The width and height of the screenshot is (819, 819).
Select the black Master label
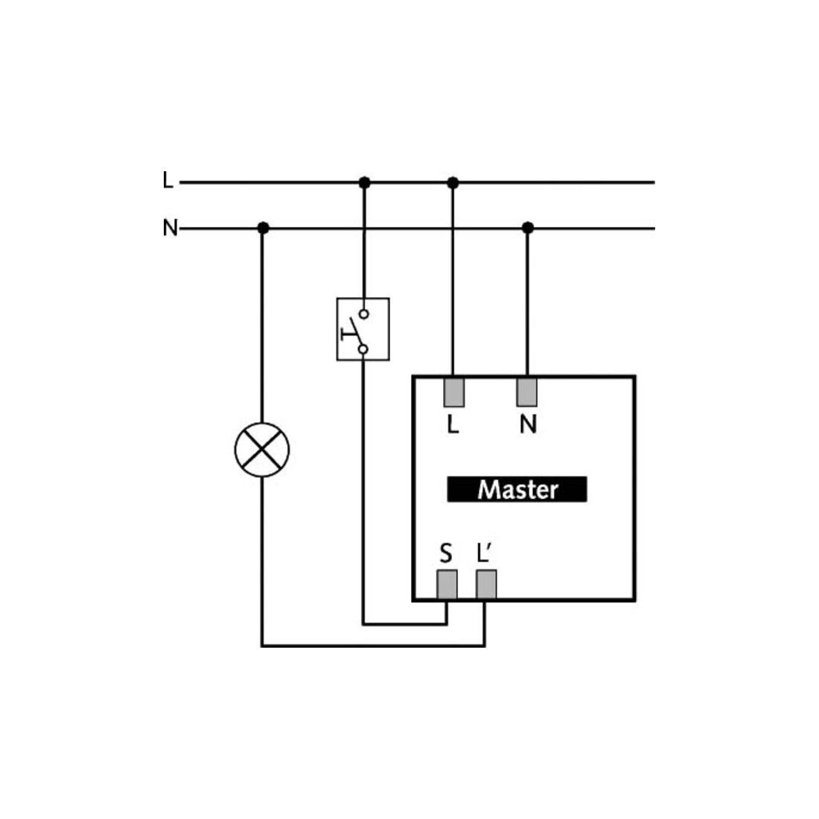[x=517, y=489]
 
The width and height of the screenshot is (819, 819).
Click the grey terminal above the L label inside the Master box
[x=454, y=392]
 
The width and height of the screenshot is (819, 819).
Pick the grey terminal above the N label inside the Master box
[x=527, y=392]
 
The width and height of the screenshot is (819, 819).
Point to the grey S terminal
[x=447, y=584]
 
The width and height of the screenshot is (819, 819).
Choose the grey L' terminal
[x=486, y=584]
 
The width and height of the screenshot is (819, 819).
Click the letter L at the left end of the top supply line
[x=167, y=180]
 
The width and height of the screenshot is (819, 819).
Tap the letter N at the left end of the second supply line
[x=171, y=228]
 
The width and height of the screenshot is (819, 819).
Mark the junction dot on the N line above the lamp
[x=264, y=229]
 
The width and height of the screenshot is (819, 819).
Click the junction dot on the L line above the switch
[x=365, y=183]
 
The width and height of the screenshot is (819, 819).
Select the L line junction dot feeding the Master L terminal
[x=453, y=183]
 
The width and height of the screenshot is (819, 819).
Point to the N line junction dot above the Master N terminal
[x=528, y=229]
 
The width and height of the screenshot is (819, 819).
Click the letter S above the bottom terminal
[x=445, y=554]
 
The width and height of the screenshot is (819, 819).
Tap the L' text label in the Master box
[x=484, y=553]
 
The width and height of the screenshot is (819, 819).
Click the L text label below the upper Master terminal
[x=453, y=424]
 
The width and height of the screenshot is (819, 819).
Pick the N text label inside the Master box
[x=528, y=424]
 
